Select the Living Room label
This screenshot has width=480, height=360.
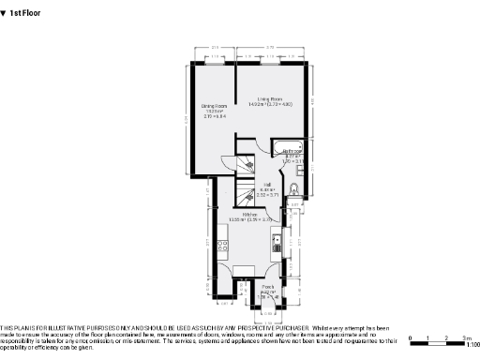(271, 101)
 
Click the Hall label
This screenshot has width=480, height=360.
(268, 187)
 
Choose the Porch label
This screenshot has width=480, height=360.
(268, 289)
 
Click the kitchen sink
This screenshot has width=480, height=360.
(277, 246)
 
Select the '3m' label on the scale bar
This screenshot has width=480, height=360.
(465, 337)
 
